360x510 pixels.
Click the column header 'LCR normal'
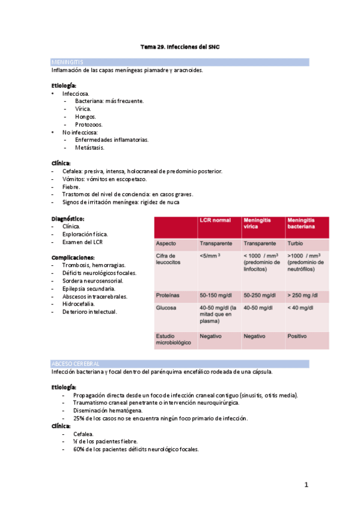[x=215, y=220]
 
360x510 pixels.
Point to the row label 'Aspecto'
[x=166, y=244]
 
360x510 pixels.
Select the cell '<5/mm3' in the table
[x=210, y=256]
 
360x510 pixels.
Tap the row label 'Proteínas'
[x=168, y=295]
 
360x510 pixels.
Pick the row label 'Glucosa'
[x=166, y=308]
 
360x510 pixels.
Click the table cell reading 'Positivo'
[x=299, y=336]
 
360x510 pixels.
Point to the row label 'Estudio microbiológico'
[x=174, y=339]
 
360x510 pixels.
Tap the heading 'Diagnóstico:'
[x=68, y=219]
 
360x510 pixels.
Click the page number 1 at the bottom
[x=306, y=484]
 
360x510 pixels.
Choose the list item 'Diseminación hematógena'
[x=108, y=410]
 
